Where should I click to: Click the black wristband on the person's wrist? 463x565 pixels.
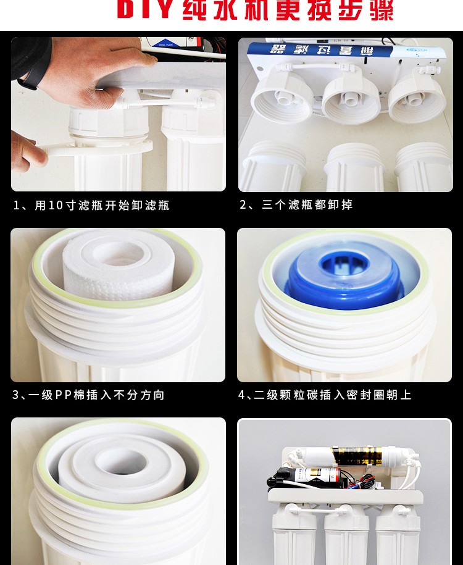[x=28, y=80]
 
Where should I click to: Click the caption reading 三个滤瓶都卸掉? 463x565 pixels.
[x=307, y=205]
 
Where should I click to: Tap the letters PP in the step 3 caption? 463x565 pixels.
[x=64, y=395]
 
